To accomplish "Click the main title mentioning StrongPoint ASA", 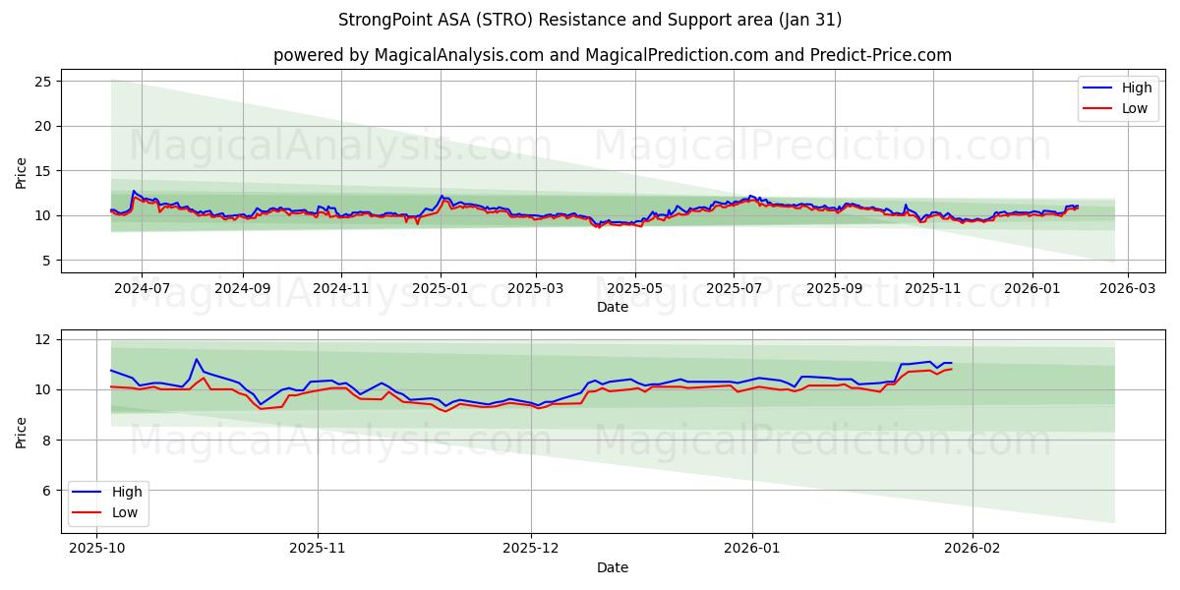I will click(x=590, y=20).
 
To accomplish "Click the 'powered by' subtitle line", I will click(x=612, y=55).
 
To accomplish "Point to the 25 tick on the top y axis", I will click(x=43, y=82).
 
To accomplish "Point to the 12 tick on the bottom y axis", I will click(x=43, y=339).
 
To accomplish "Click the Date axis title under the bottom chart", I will click(x=612, y=567).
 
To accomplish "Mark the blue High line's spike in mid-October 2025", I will click(x=197, y=359).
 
